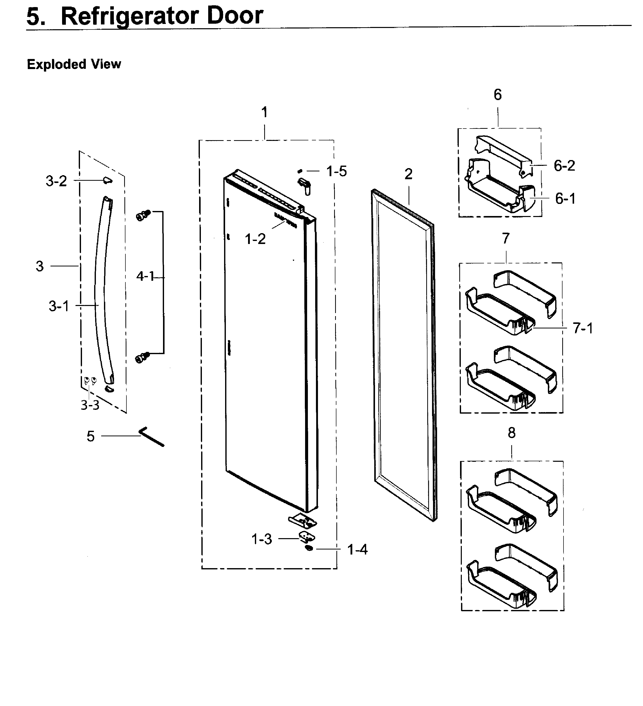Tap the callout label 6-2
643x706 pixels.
coord(565,165)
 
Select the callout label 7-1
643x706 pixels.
coord(583,328)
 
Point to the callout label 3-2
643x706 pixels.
coord(56,181)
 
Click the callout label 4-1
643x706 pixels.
coord(145,276)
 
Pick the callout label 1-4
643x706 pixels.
coord(357,549)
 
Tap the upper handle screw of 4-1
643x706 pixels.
coord(143,215)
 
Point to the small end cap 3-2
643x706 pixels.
coord(107,180)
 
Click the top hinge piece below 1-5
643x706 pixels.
coord(305,185)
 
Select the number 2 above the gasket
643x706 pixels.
coord(409,174)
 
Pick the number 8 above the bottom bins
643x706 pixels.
coord(512,433)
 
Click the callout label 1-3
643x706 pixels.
coord(261,539)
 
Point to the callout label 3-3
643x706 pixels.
coord(90,405)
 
